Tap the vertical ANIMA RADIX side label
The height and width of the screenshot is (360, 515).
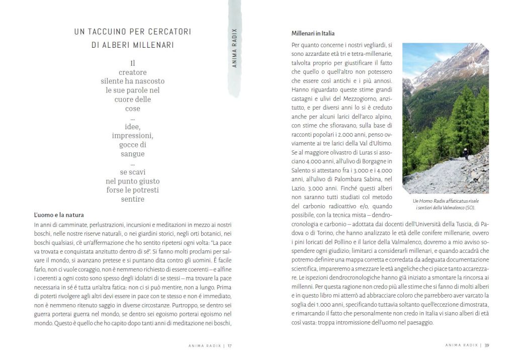(x=234, y=48)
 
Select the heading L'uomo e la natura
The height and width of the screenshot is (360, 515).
(x=59, y=215)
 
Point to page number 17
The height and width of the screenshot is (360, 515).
(x=229, y=345)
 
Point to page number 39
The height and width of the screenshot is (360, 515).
(x=487, y=345)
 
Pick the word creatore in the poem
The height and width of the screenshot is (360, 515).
(x=133, y=72)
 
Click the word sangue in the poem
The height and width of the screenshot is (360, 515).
(x=133, y=154)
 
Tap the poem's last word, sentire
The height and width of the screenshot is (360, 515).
(x=133, y=199)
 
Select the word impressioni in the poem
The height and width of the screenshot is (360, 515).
(x=133, y=136)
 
